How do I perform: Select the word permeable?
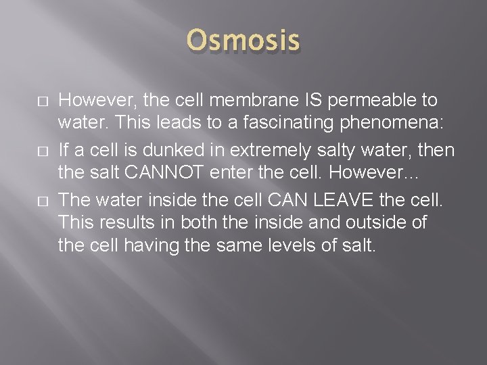(x=363, y=101)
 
